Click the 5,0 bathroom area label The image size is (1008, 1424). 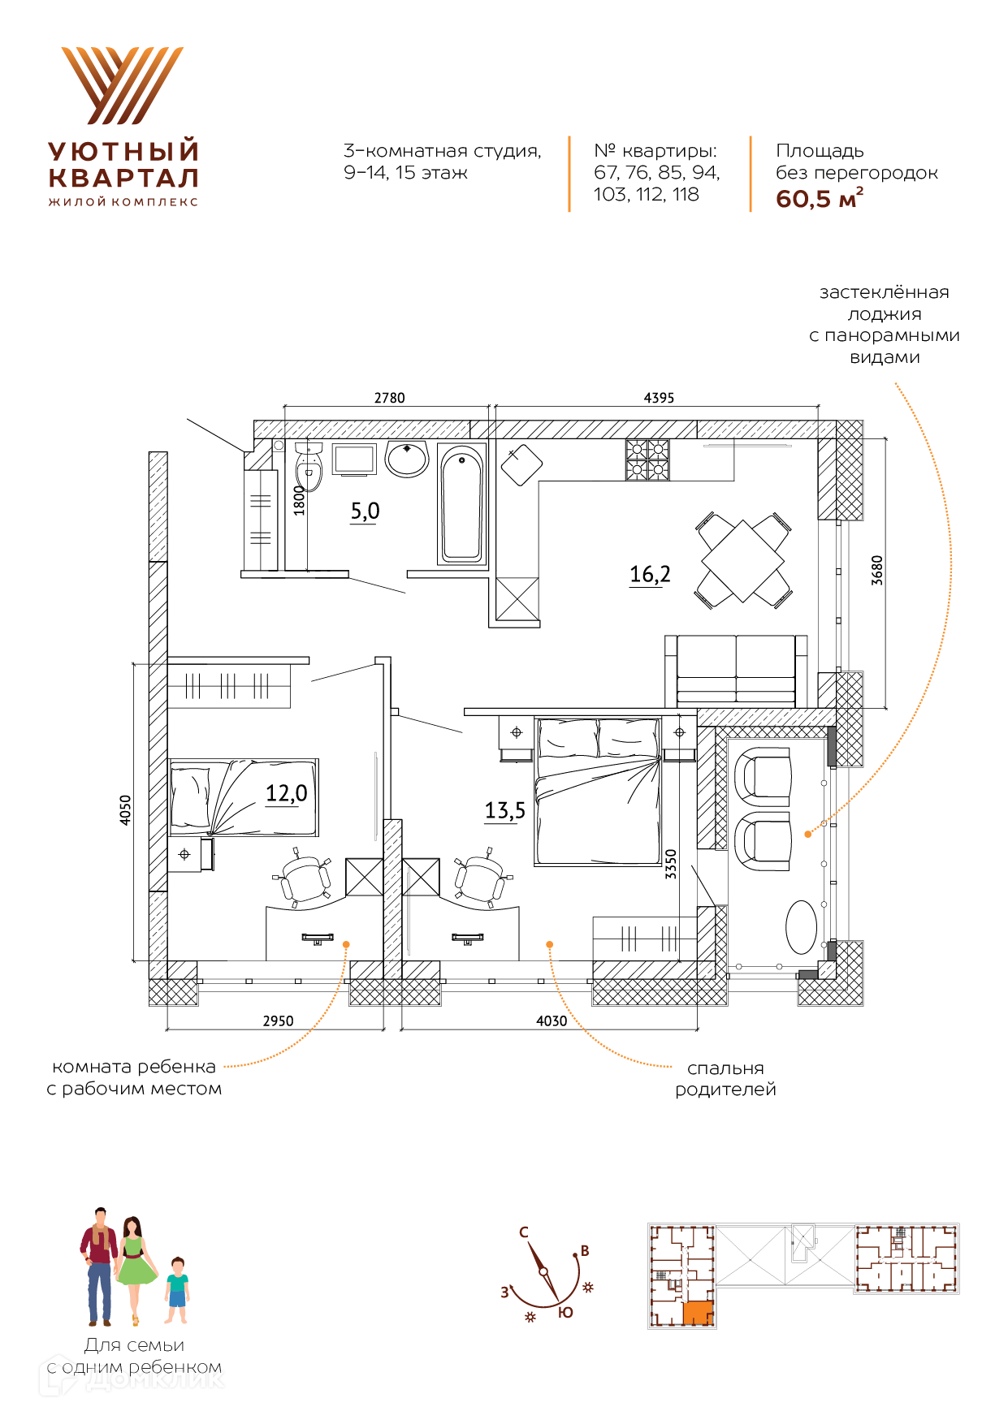(365, 511)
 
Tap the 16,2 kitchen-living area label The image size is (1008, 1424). (650, 574)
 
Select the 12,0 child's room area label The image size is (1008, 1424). (287, 792)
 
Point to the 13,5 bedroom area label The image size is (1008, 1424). (504, 810)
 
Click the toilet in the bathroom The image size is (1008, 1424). (309, 468)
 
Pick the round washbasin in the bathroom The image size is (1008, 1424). (407, 459)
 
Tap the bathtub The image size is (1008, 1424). (461, 504)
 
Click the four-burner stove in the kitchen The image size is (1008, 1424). (647, 460)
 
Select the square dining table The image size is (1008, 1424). (742, 561)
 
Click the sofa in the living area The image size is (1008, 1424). (736, 670)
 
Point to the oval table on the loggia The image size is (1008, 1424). (801, 926)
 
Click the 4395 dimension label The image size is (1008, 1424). (659, 398)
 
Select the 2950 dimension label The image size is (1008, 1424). (278, 1021)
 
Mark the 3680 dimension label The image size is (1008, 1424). (876, 570)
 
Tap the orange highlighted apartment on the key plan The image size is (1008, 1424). (698, 1313)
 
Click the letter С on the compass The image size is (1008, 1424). (524, 1232)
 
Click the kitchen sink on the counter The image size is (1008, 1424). (521, 465)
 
